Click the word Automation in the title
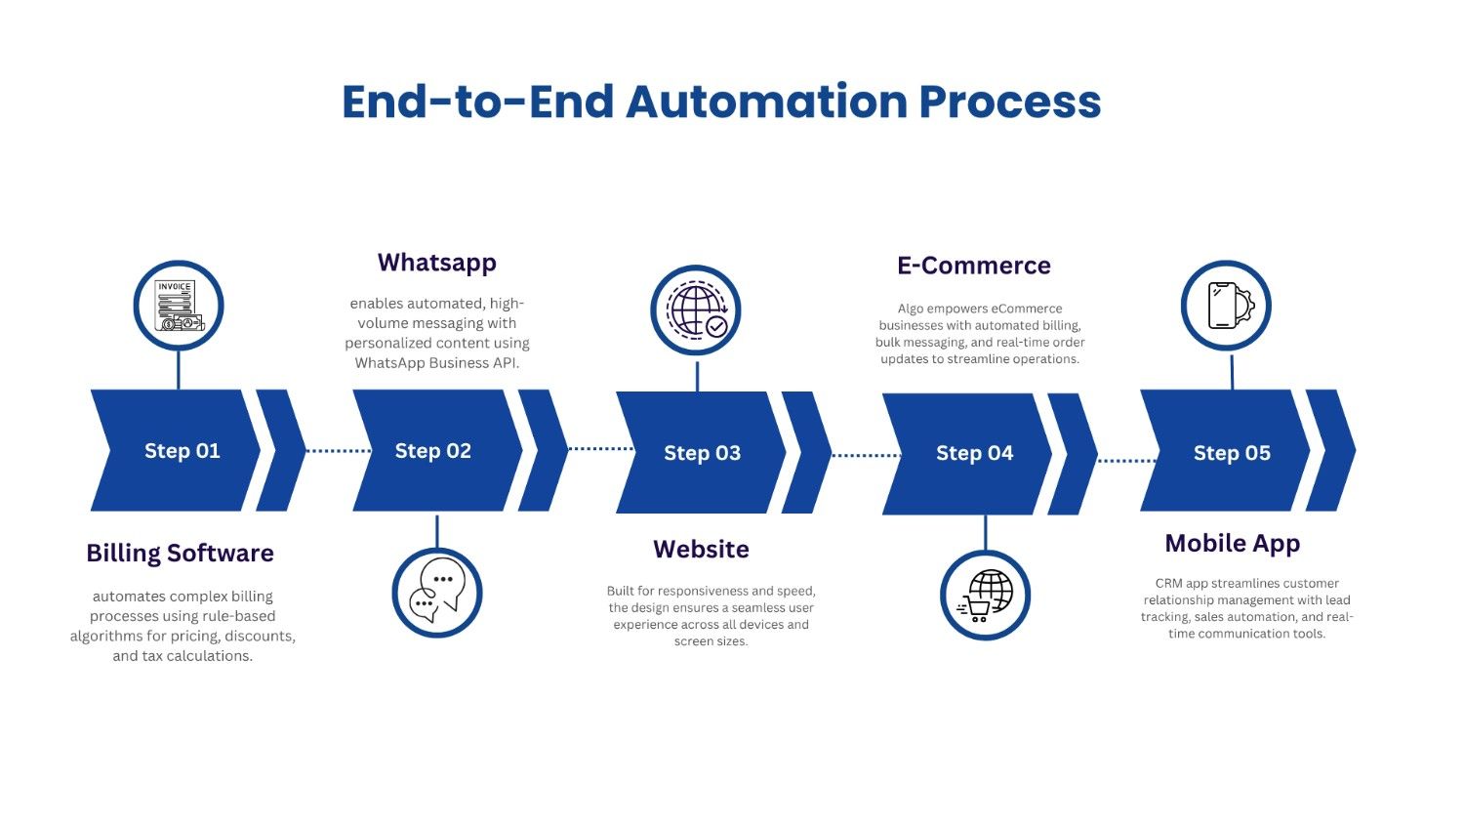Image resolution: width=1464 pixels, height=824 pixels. click(766, 102)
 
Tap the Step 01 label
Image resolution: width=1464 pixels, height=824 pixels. click(183, 451)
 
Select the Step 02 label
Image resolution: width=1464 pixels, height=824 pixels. click(432, 451)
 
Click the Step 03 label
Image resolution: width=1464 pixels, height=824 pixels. click(702, 453)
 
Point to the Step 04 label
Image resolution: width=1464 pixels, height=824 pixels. click(974, 453)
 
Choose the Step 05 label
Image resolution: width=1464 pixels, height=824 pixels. click(1232, 453)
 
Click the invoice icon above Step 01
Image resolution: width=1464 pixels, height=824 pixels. click(179, 306)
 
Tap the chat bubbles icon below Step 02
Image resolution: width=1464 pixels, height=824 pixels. click(437, 592)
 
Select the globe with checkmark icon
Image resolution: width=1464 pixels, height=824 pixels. click(697, 310)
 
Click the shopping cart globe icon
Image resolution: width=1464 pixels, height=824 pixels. click(985, 596)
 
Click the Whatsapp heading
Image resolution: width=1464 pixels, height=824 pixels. click(437, 263)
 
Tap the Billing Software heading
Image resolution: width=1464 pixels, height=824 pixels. click(180, 554)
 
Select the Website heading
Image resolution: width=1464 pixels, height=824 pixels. click(702, 550)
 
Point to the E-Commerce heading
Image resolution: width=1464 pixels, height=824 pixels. click(974, 266)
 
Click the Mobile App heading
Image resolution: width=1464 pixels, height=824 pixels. click(1233, 544)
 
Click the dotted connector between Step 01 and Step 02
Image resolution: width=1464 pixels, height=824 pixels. click(339, 451)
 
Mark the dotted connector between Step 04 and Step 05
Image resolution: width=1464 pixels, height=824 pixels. click(1127, 461)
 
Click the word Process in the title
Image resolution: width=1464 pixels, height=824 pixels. click(1010, 102)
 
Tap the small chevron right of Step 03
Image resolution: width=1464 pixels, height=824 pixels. click(806, 453)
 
